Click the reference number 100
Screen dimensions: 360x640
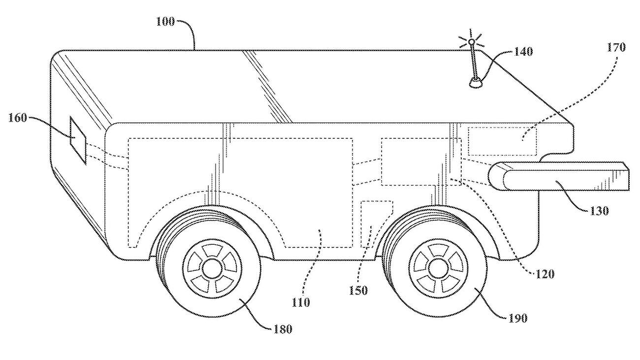[x=165, y=22]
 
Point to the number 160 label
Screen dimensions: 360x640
[x=18, y=118]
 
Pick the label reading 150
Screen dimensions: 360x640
[x=358, y=290]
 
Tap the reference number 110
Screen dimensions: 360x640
[x=301, y=302]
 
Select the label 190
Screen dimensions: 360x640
[x=517, y=318]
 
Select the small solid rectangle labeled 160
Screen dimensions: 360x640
[x=78, y=140]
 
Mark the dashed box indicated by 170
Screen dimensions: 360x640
[x=502, y=141]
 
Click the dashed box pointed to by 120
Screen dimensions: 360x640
[x=421, y=162]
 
